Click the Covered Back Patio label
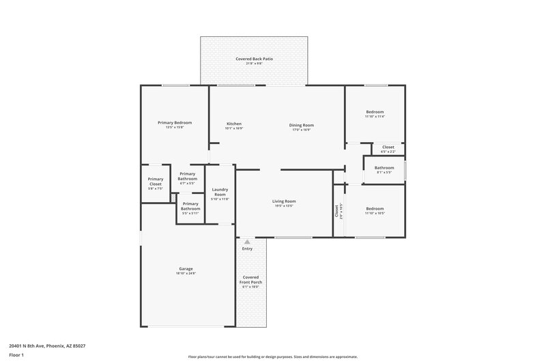[254, 59]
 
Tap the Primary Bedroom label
[175, 122]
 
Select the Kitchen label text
[234, 124]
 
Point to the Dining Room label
[301, 124]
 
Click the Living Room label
[284, 201]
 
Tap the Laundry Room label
[220, 192]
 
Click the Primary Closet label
[156, 182]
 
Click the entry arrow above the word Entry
[247, 242]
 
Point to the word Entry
[247, 249]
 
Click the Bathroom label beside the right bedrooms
[384, 167]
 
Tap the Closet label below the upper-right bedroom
[388, 147]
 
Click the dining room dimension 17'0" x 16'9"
[301, 129]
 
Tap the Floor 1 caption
[16, 356]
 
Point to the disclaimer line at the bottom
[273, 356]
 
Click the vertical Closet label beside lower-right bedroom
[337, 212]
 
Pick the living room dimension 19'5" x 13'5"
[284, 206]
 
